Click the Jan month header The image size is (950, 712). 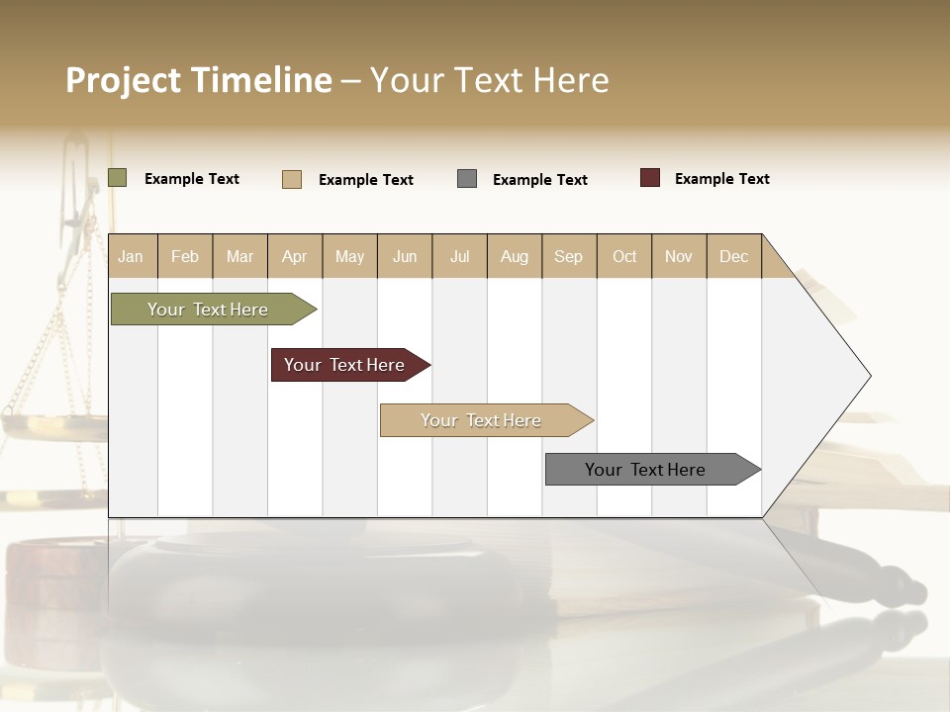pos(131,256)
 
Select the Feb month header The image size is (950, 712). pos(185,256)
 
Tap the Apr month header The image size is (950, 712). pos(295,256)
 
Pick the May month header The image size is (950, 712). pos(349,256)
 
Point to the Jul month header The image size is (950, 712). pos(459,256)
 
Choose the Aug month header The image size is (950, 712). pos(515,256)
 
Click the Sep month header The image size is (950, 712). pos(569,256)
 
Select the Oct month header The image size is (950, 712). pos(624,256)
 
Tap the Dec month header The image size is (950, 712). pos(734,256)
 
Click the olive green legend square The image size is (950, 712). pos(118,178)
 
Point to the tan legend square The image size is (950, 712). pos(292,179)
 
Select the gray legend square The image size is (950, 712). pos(467,178)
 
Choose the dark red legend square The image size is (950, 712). pos(650,178)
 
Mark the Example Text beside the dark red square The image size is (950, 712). pos(721,179)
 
